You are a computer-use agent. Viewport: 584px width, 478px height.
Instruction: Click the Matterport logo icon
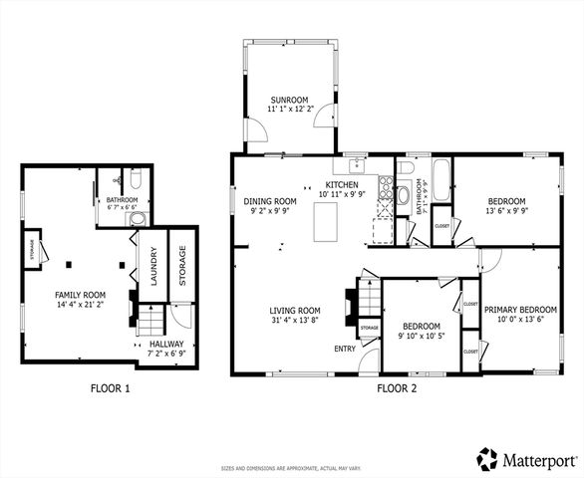[487, 459]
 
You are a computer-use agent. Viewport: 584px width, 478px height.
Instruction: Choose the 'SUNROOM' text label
[289, 101]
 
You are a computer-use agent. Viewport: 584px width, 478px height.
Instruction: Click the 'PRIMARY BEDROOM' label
[520, 310]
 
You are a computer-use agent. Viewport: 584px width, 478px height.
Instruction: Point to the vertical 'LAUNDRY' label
[154, 267]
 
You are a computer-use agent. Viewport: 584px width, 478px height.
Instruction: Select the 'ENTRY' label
[345, 349]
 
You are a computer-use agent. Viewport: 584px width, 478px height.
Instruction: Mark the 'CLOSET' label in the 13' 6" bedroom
[441, 226]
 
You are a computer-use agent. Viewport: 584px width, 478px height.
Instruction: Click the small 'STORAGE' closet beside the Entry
[369, 328]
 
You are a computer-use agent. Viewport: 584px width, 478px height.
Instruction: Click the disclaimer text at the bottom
[291, 468]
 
